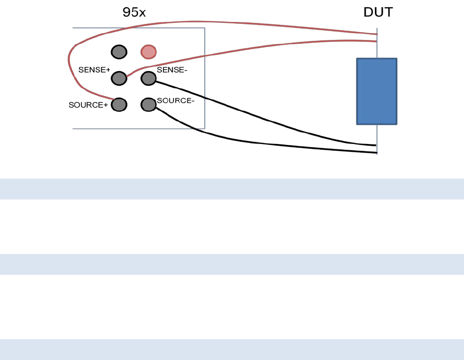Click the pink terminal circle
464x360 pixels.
(149, 52)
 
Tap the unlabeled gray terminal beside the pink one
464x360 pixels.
(119, 52)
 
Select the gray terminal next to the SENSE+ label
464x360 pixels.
(119, 78)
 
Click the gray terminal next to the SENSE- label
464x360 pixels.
(149, 78)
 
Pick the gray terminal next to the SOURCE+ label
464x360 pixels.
(119, 104)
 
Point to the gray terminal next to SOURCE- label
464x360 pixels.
(149, 104)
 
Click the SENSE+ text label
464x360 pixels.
(94, 70)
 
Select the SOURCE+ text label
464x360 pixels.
(88, 105)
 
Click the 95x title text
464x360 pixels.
(134, 13)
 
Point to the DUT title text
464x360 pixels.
(378, 13)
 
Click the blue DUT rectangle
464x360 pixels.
(377, 91)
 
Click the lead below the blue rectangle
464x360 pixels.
(377, 139)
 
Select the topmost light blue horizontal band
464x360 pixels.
(232, 189)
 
